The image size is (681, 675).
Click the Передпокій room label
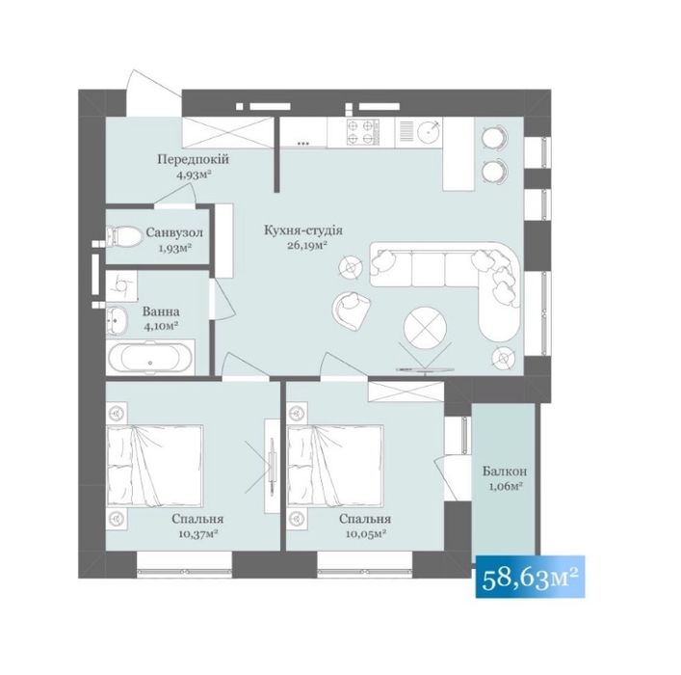[195, 159]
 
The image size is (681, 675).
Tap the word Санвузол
[174, 233]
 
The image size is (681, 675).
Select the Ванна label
[158, 311]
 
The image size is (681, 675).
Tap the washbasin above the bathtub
[118, 319]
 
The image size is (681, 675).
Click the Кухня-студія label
[302, 230]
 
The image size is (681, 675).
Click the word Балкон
[504, 472]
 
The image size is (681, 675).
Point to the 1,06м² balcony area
[504, 487]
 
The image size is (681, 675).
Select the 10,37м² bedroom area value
[195, 531]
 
